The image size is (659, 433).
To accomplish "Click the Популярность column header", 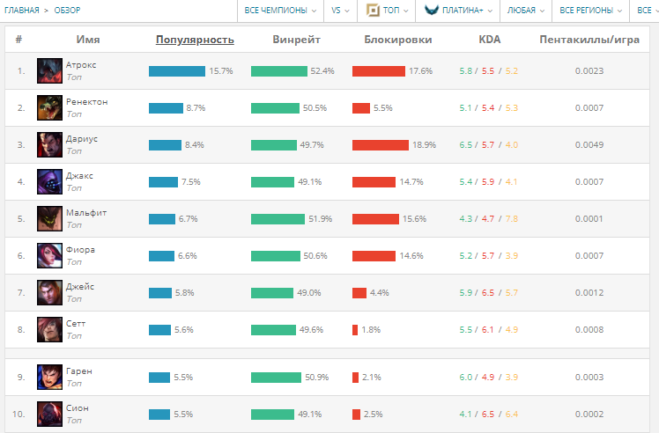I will (195, 40).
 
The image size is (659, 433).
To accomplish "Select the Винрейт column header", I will (296, 40).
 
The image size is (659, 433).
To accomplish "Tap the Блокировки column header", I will (397, 40).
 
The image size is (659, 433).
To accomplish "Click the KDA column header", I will (489, 40).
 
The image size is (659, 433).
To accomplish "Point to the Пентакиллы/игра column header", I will (589, 40).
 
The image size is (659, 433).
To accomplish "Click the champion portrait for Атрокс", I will (49, 71).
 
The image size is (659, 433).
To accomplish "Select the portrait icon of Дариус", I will (49, 145).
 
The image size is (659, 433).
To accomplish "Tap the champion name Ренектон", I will (86, 102).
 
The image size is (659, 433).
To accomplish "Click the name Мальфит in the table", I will (86, 213).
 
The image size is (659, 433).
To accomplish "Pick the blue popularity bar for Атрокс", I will (176, 71).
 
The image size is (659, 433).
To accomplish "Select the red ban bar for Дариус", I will (381, 145).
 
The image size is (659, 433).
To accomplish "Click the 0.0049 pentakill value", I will (589, 145).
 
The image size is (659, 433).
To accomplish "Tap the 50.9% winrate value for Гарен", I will (316, 378).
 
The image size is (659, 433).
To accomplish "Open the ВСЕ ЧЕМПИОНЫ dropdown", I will (281, 11).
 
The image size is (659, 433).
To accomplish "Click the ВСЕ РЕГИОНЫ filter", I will (589, 11).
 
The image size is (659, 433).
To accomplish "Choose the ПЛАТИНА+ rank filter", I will (457, 11).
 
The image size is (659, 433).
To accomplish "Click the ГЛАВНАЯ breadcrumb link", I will (22, 11).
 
